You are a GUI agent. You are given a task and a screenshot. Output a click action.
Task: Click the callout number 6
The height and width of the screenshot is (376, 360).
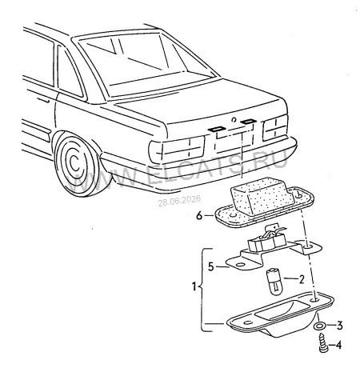(x=199, y=215)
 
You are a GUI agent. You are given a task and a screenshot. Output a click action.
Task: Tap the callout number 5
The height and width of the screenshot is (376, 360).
(x=211, y=266)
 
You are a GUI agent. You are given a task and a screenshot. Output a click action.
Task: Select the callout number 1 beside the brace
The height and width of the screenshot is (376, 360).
(x=194, y=286)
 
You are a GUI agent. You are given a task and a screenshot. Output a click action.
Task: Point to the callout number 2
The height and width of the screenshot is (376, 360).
(x=302, y=279)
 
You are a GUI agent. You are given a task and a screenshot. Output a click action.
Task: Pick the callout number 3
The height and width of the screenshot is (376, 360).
(x=339, y=326)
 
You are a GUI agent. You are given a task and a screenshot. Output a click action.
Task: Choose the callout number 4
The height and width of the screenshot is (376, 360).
(x=338, y=346)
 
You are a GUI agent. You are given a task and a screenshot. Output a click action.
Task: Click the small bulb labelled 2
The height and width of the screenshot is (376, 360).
(x=274, y=282)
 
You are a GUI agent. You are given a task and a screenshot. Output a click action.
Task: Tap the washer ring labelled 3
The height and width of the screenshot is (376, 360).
(x=319, y=326)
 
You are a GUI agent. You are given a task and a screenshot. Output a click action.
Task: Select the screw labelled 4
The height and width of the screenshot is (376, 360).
(x=322, y=342)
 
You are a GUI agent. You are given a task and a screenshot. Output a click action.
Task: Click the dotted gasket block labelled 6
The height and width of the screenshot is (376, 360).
(x=264, y=202)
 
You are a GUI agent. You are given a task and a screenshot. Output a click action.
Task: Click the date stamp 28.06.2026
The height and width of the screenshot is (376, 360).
(x=179, y=201)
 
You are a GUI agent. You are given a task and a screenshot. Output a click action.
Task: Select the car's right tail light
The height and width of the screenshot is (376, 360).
(x=275, y=128)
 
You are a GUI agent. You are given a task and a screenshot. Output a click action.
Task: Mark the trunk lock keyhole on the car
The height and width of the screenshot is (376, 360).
(x=234, y=120)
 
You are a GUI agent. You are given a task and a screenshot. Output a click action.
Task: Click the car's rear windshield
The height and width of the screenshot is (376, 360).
(x=146, y=64)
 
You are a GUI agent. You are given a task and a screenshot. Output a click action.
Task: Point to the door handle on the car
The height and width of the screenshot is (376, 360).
(x=43, y=100)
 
